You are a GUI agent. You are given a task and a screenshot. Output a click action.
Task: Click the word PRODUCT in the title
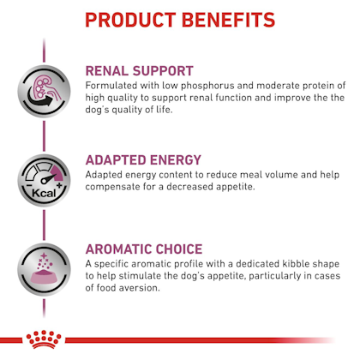click(130, 20)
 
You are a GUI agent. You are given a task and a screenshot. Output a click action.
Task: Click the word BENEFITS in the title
click(228, 20)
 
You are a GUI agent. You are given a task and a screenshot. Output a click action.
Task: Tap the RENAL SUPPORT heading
click(140, 71)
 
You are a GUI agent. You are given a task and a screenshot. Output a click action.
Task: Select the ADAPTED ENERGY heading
click(143, 160)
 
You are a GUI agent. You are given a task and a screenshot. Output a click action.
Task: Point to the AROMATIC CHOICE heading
click(144, 249)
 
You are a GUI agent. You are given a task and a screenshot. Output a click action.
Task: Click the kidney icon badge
click(44, 92)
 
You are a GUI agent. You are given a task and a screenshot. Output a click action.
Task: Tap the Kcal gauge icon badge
click(44, 181)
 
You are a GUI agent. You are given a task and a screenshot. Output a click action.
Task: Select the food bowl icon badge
click(44, 270)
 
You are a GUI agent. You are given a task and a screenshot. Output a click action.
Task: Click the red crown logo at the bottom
click(44, 339)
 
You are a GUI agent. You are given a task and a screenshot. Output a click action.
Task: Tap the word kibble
click(296, 263)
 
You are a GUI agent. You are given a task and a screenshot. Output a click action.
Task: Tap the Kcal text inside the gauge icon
click(44, 193)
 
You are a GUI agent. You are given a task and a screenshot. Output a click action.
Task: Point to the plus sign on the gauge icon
click(59, 186)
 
